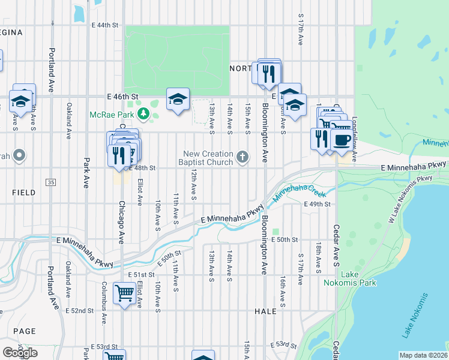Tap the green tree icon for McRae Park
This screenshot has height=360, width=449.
click(x=143, y=113)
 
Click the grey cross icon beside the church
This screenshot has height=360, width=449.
click(x=242, y=157)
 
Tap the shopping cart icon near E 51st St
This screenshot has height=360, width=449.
click(x=124, y=294)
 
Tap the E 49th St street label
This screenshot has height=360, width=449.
click(x=318, y=205)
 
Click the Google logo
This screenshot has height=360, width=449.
click(x=20, y=352)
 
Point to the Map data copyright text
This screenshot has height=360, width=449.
click(x=424, y=355)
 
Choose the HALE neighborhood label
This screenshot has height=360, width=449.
click(x=265, y=311)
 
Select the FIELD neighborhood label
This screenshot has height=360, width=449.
click(x=23, y=193)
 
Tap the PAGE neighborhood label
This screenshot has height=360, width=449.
click(x=24, y=331)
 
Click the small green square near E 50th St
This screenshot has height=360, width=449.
click(x=276, y=232)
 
